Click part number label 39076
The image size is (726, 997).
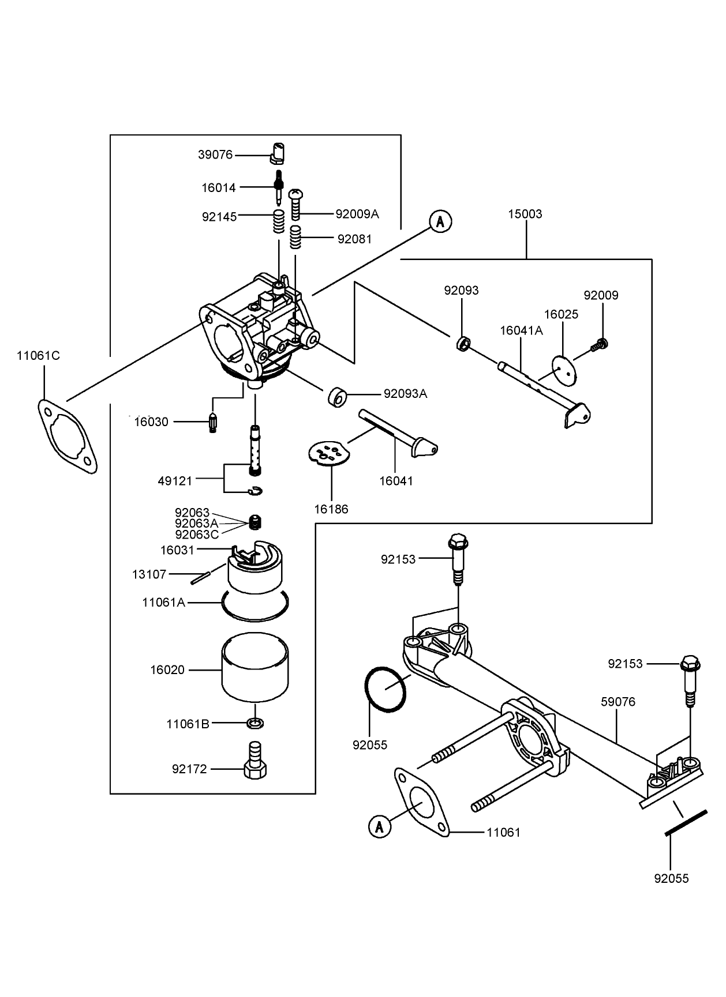(215, 155)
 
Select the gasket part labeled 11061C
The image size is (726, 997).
(68, 434)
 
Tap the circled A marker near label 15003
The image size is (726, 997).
(440, 221)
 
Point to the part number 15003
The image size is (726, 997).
(525, 214)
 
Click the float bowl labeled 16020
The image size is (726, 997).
(256, 669)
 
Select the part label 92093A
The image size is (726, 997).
(405, 394)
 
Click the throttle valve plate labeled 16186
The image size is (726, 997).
(330, 453)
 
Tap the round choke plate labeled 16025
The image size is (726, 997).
(564, 368)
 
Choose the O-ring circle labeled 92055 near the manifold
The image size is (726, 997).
(386, 690)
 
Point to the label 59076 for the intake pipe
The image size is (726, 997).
(618, 702)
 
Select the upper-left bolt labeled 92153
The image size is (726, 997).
(458, 558)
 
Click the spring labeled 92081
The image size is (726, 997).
(296, 237)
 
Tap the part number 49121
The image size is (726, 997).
(175, 480)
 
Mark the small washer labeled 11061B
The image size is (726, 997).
(255, 723)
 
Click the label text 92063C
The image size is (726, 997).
(197, 534)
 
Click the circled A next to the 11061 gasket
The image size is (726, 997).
(379, 826)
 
